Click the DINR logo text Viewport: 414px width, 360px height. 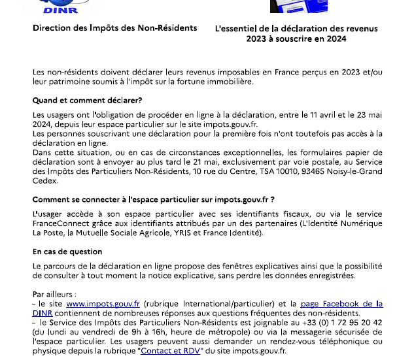60,10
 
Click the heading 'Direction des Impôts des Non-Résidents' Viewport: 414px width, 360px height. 114,29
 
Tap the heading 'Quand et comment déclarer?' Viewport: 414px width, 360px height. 87,101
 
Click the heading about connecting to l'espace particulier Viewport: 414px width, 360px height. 153,199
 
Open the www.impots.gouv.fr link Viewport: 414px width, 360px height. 103,304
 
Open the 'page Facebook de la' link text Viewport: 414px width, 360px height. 341,304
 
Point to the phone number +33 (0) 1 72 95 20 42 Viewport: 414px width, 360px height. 343,323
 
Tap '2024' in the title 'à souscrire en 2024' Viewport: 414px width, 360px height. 334,39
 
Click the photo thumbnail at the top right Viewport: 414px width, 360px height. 289,7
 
